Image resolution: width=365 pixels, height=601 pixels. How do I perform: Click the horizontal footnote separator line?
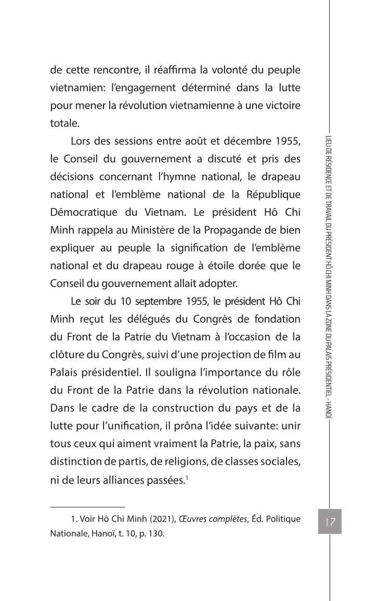tap(88, 506)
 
